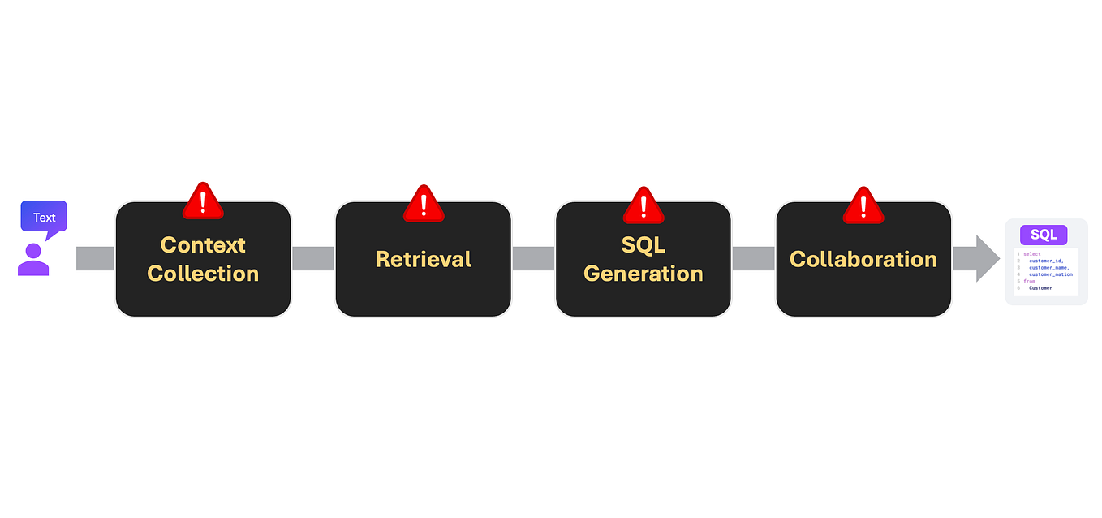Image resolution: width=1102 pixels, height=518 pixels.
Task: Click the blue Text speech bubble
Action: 44,217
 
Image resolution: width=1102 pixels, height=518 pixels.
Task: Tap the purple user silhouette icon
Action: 33,260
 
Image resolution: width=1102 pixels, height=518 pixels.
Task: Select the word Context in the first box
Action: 203,244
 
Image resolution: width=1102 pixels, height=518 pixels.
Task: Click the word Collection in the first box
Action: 203,274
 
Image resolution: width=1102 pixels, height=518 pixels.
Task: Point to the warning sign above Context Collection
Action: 203,201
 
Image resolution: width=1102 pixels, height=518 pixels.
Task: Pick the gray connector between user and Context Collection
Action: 96,259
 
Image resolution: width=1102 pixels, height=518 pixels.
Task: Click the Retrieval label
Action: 423,259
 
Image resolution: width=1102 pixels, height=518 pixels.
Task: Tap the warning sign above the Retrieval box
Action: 424,203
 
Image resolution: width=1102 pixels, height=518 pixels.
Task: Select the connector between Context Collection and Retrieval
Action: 312,259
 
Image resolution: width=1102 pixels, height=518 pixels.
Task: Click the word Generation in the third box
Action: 644,274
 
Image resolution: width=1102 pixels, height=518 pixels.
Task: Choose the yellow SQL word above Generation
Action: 644,244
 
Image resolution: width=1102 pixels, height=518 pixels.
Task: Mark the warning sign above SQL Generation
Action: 644,205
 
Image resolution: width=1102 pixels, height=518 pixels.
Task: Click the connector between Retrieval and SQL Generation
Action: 533,259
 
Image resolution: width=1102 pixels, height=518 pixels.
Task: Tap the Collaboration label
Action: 863,259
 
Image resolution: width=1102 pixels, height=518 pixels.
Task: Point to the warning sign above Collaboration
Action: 863,205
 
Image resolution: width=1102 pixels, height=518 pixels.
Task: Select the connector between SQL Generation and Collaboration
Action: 753,259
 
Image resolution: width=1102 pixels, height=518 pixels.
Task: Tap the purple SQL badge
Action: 1044,235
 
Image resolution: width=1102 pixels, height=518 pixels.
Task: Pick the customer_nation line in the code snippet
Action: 1050,274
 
